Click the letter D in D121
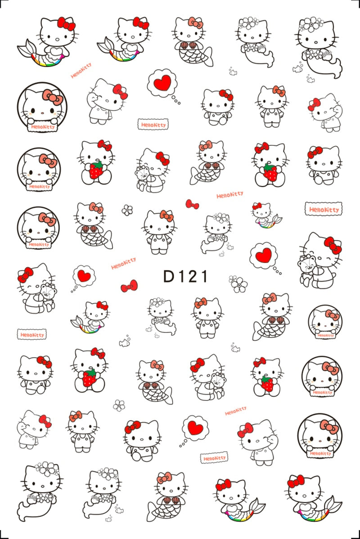click(x=168, y=276)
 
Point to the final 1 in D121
click(x=204, y=276)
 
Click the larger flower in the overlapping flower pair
click(x=238, y=284)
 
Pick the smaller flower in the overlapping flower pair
click(x=232, y=279)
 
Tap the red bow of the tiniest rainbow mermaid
click(x=257, y=207)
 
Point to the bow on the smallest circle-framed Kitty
click(x=332, y=315)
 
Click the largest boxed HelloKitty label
click(x=323, y=209)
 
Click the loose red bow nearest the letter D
click(x=129, y=286)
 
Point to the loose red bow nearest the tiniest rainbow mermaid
click(x=192, y=204)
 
